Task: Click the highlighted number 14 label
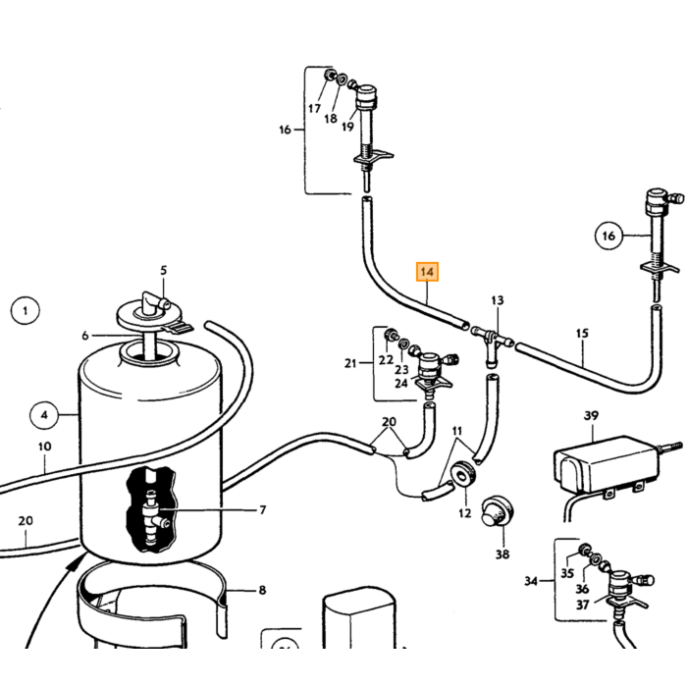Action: [x=427, y=272]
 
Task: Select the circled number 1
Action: [x=25, y=311]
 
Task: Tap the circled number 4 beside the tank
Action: [x=44, y=415]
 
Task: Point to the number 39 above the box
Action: [x=591, y=415]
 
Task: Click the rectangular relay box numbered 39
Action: [x=607, y=464]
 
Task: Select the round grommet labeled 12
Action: [x=464, y=473]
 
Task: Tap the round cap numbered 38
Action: [x=498, y=511]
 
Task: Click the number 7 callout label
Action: [x=262, y=510]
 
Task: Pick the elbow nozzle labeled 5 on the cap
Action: [x=152, y=301]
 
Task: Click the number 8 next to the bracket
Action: [x=262, y=590]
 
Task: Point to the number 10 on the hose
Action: [x=45, y=447]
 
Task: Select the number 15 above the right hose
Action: [x=582, y=334]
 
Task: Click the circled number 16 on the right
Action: [x=609, y=237]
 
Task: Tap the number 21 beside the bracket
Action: [x=350, y=363]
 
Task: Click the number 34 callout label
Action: [x=531, y=581]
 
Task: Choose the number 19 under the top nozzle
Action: [x=347, y=127]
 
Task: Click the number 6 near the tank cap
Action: [x=85, y=336]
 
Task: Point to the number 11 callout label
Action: [x=457, y=431]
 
